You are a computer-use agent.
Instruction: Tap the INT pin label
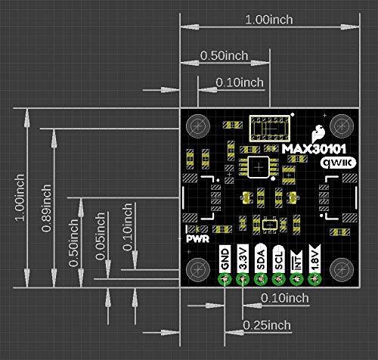[297, 260]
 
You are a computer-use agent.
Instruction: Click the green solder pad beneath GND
[224, 280]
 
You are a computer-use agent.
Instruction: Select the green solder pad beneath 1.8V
[315, 280]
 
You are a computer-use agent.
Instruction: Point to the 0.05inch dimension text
[101, 236]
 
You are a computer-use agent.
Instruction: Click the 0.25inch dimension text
[266, 325]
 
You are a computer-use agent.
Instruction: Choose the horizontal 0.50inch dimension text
[225, 56]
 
